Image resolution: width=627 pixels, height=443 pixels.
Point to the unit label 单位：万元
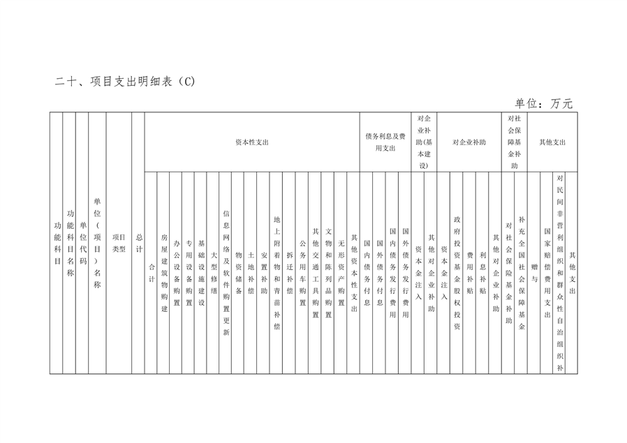(544, 103)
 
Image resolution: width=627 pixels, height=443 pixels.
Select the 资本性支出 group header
(252, 142)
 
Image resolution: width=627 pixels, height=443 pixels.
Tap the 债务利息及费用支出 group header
(385, 142)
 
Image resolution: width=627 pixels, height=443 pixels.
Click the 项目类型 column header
(119, 243)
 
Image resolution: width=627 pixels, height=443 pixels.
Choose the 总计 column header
(139, 243)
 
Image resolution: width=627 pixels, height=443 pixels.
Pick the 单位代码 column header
(83, 243)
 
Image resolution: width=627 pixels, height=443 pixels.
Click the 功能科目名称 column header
(71, 243)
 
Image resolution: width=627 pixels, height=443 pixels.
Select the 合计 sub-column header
(151, 273)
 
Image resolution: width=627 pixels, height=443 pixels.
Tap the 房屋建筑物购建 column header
(164, 273)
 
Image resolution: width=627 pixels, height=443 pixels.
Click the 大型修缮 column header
(214, 273)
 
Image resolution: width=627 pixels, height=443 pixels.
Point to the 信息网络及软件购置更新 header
(226, 273)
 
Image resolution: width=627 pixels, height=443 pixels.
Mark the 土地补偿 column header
(251, 273)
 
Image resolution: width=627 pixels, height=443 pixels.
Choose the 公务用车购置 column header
(303, 273)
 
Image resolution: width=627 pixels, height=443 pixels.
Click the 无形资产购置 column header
(341, 273)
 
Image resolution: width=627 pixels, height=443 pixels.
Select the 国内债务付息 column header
(367, 273)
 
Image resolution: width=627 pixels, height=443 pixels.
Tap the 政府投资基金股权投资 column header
(457, 273)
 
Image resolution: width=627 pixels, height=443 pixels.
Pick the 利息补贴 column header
(482, 273)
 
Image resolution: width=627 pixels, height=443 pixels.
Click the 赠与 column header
(534, 273)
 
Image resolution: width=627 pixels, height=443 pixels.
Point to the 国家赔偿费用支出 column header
(547, 273)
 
